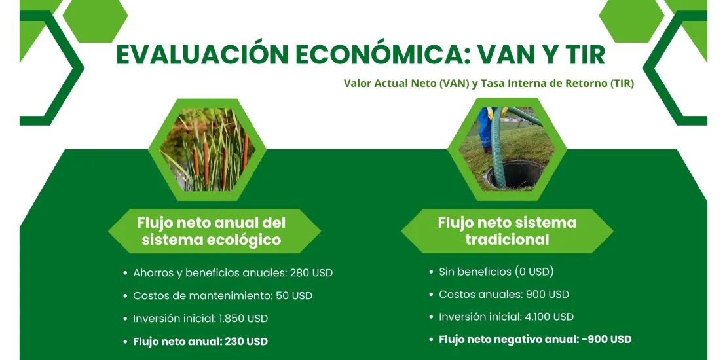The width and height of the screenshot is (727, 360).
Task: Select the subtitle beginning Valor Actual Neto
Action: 489,84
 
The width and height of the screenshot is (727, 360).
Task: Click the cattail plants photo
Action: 207,149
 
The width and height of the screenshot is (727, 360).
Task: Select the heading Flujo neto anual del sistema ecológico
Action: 212,231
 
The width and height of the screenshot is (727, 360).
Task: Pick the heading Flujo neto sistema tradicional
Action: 507,231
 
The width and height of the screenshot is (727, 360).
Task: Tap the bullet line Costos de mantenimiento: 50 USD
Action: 223,296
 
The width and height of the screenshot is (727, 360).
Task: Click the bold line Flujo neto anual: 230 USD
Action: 200,342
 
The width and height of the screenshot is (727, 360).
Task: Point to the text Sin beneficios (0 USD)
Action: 496,272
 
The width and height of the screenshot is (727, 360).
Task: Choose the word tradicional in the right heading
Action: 507,240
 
